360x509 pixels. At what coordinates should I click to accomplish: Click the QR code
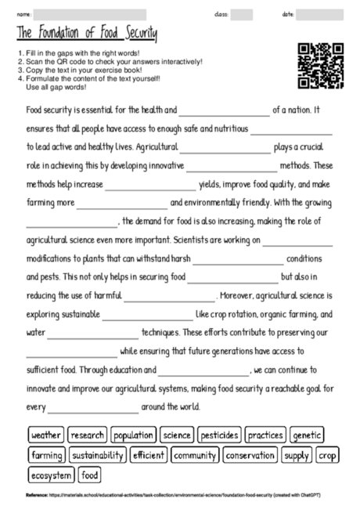(x=322, y=66)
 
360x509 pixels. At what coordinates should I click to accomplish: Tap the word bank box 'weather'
(x=46, y=435)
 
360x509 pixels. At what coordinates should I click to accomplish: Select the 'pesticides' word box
(x=219, y=435)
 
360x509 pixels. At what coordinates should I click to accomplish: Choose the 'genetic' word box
(x=307, y=435)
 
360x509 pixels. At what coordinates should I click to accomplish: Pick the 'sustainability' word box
(x=98, y=454)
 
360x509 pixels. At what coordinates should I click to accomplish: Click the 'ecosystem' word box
(x=52, y=475)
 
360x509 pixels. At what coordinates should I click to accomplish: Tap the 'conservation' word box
(x=250, y=454)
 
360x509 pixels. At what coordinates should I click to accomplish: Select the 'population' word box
(x=133, y=435)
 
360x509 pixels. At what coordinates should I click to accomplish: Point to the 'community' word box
(x=195, y=454)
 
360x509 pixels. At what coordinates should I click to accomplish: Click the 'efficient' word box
(x=149, y=454)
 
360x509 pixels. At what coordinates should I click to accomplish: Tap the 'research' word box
(x=87, y=435)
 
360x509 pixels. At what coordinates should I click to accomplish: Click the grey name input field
(x=90, y=14)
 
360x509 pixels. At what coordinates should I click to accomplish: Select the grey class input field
(x=242, y=14)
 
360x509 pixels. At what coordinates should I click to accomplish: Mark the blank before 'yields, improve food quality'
(x=149, y=186)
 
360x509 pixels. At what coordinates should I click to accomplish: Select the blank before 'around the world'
(x=94, y=408)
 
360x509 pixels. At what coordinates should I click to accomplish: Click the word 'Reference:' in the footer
(x=37, y=495)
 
